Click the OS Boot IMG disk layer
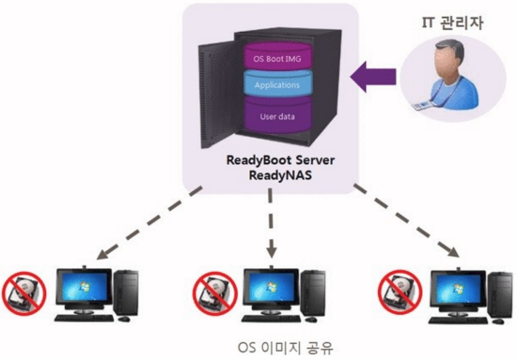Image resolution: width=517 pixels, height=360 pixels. pyautogui.click(x=277, y=57)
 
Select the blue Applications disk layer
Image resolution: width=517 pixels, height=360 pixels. pyautogui.click(x=277, y=85)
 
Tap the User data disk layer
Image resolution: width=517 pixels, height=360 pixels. pyautogui.click(x=277, y=115)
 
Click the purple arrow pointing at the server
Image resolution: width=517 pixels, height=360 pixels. pyautogui.click(x=373, y=77)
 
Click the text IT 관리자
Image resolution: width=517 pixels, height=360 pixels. pyautogui.click(x=452, y=23)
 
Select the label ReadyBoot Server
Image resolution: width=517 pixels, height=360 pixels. pyautogui.click(x=280, y=160)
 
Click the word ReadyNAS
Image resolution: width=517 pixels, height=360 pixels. pyautogui.click(x=280, y=175)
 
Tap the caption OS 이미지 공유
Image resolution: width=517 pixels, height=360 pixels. pyautogui.click(x=285, y=348)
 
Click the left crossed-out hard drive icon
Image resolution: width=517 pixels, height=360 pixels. pyautogui.click(x=24, y=294)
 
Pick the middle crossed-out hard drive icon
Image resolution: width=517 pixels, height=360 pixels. pyautogui.click(x=215, y=294)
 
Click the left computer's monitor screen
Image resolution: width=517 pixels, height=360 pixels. pyautogui.click(x=84, y=287)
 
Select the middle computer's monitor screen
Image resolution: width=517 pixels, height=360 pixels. pyautogui.click(x=272, y=287)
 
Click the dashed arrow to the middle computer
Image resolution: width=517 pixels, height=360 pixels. pyautogui.click(x=271, y=223)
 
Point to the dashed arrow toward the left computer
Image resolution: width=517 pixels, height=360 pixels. pyautogui.click(x=149, y=223)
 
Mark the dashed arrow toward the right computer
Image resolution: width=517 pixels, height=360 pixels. pyautogui.click(x=406, y=220)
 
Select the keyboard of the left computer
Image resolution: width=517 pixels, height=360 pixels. pyautogui.click(x=84, y=318)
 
